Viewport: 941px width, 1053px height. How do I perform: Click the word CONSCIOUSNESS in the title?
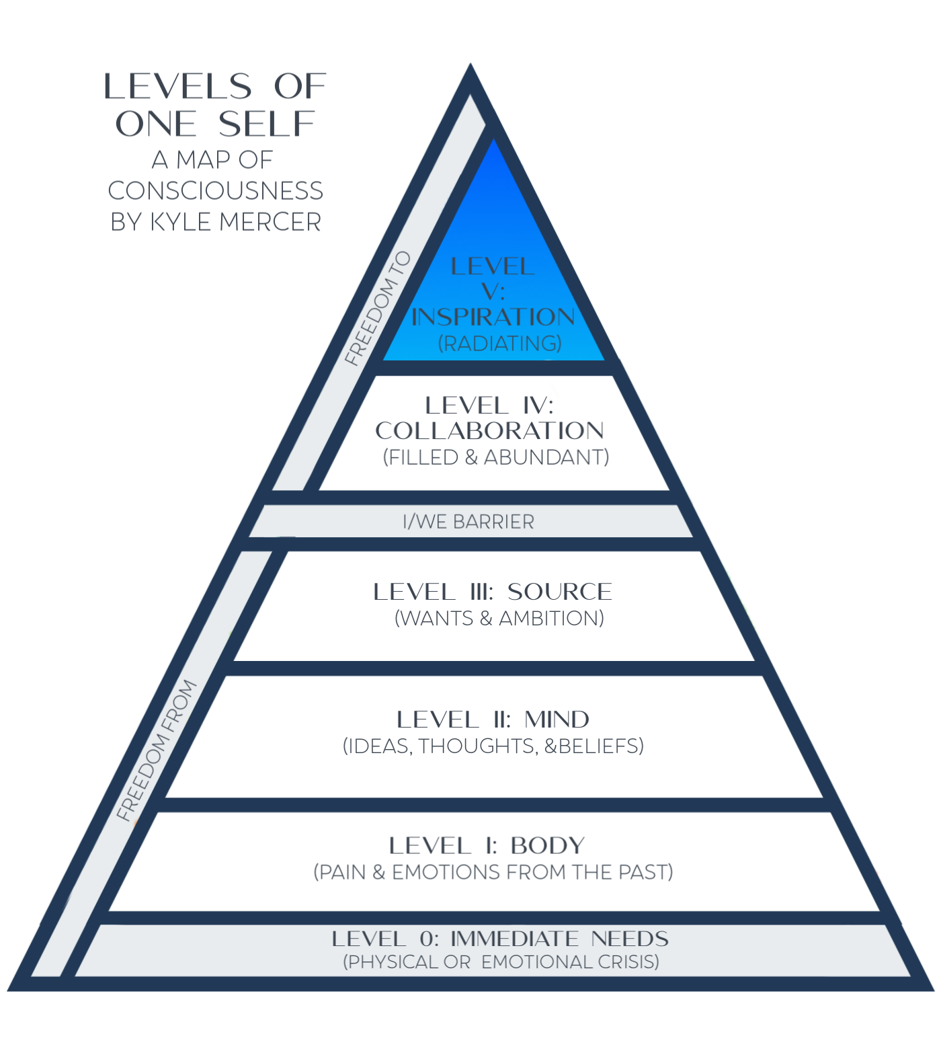(x=215, y=191)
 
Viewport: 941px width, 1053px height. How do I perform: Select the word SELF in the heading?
(x=267, y=124)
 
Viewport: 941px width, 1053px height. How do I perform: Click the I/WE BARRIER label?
(x=468, y=522)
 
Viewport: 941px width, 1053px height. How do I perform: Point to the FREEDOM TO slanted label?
(x=378, y=308)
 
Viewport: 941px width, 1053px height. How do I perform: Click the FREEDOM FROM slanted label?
(x=156, y=750)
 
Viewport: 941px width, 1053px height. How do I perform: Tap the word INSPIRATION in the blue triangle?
(x=493, y=317)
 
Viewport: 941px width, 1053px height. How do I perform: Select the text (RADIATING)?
(x=499, y=344)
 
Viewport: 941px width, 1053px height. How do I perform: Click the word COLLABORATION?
(x=489, y=430)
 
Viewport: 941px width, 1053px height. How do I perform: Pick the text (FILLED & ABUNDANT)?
(x=496, y=457)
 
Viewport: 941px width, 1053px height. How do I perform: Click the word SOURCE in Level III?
(x=559, y=592)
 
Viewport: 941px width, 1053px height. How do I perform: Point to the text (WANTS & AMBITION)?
(x=499, y=618)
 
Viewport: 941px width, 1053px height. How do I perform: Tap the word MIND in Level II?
(x=557, y=719)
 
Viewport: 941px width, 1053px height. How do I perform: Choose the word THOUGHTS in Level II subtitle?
(x=478, y=746)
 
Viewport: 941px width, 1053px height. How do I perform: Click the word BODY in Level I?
(x=548, y=845)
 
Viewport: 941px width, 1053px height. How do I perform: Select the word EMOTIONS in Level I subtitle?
(x=446, y=872)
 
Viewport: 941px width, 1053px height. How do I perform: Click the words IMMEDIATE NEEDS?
(x=559, y=939)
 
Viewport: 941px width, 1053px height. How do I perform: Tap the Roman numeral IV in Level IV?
(x=536, y=405)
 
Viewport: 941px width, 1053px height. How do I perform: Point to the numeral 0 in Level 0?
(x=428, y=939)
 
